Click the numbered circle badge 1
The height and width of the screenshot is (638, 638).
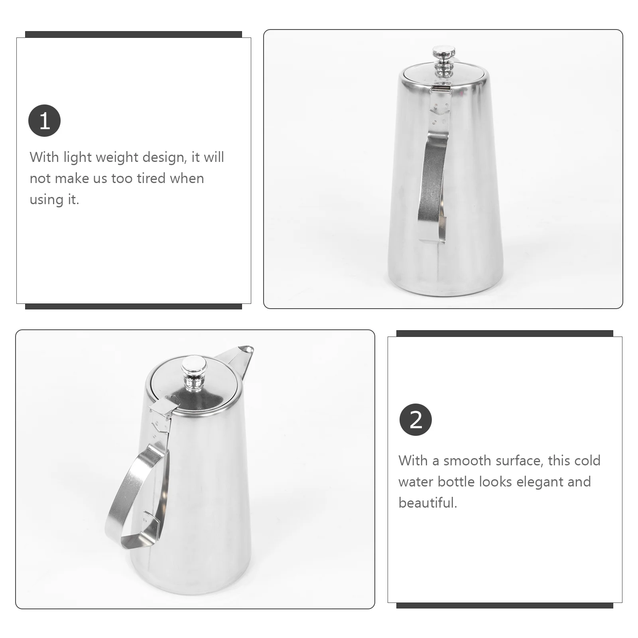(x=44, y=120)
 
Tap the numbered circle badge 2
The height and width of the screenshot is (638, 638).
(x=415, y=420)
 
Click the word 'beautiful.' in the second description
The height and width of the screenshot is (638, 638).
(x=427, y=503)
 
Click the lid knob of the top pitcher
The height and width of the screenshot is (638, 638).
(x=444, y=60)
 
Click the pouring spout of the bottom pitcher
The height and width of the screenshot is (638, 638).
(x=241, y=354)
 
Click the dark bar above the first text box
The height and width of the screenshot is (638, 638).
(x=133, y=34)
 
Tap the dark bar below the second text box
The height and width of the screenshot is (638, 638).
(x=504, y=605)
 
